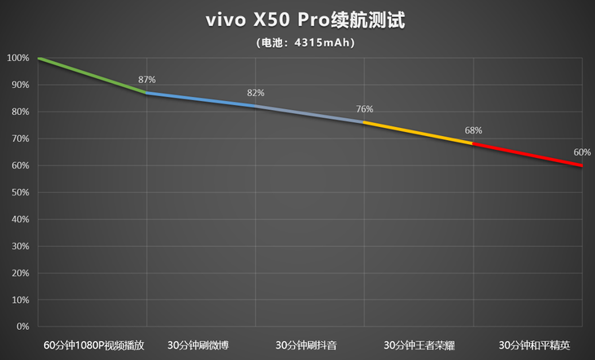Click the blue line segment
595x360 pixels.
201,99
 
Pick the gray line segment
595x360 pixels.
309,114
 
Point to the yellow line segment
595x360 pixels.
417,133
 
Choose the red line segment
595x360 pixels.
527,155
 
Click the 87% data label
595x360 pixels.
147,80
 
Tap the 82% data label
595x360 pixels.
256,93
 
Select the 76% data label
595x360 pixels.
364,109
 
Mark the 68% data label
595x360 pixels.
474,130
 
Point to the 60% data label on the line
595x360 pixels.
582,152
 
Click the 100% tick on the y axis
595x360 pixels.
18,58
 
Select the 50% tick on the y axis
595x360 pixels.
20,192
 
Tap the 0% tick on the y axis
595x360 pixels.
22,327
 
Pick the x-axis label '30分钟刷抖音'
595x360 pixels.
309,345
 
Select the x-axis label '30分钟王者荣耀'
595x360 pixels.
417,345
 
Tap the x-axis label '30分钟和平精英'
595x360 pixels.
527,345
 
